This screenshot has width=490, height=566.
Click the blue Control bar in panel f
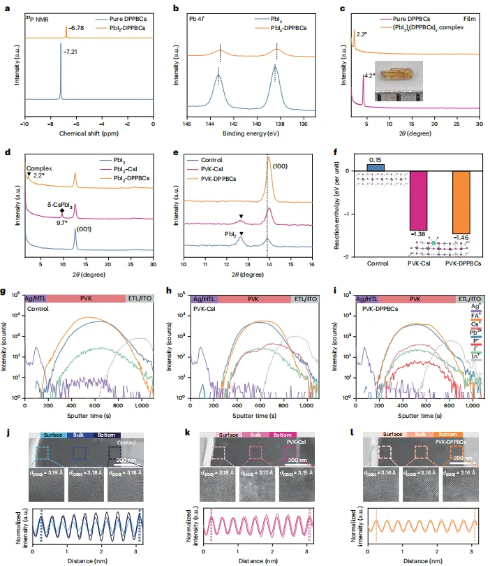375,168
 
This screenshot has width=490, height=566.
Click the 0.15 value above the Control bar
375,159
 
